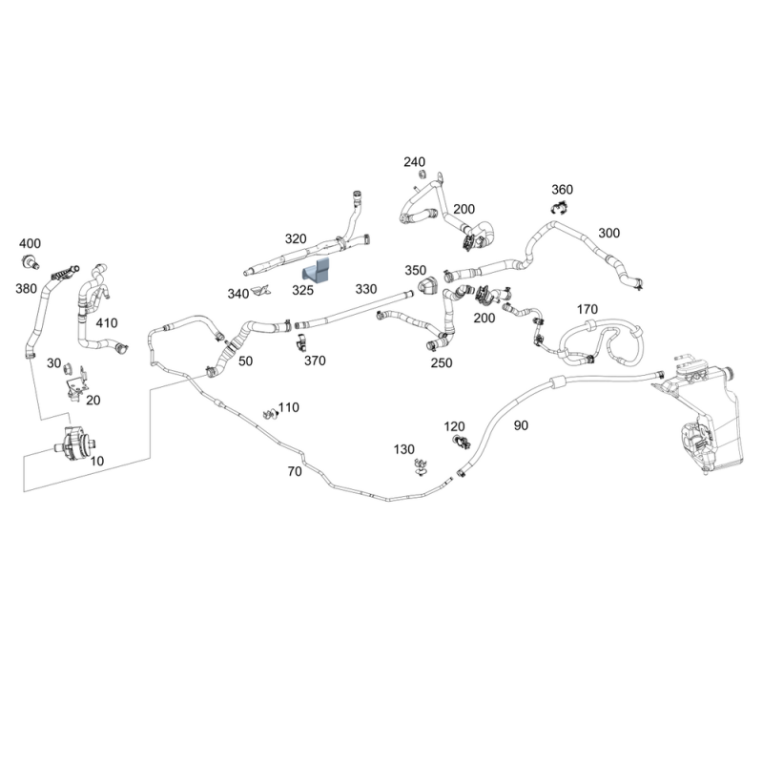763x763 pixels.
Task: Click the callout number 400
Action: point(30,243)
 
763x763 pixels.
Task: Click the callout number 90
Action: point(521,425)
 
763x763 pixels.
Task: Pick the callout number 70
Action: point(294,471)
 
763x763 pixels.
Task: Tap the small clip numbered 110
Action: point(270,413)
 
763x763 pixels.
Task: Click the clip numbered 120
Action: point(462,441)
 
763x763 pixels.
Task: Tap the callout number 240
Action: point(414,162)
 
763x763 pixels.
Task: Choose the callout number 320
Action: point(296,238)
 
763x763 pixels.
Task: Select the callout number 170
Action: point(588,309)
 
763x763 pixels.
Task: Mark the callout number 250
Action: point(441,362)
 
